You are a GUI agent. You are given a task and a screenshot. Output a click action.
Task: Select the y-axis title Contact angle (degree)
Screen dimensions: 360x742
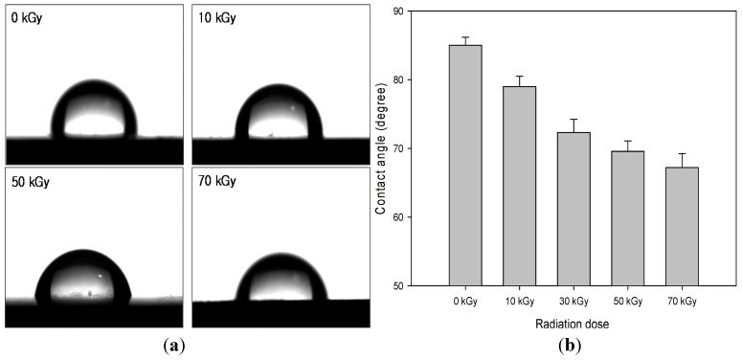380,148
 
